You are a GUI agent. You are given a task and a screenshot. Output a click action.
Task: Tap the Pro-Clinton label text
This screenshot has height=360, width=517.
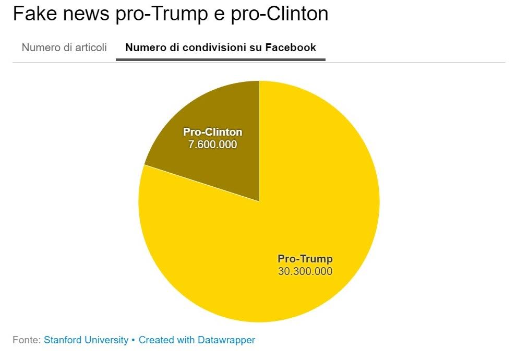[212, 132]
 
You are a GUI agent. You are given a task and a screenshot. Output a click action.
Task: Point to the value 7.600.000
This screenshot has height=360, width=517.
[212, 145]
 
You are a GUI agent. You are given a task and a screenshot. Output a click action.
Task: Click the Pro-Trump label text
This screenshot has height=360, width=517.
[305, 259]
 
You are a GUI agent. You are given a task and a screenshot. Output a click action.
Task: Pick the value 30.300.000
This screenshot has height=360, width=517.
[305, 271]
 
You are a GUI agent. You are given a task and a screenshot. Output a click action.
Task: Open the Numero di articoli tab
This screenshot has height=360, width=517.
[64, 47]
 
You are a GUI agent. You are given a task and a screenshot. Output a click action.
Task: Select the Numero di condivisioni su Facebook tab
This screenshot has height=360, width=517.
[221, 47]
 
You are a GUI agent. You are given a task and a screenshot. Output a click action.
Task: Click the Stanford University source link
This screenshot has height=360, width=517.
[86, 340]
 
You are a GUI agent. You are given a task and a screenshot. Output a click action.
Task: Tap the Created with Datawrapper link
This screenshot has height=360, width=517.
[197, 340]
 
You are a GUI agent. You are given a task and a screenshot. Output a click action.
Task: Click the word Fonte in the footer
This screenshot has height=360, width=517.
[26, 340]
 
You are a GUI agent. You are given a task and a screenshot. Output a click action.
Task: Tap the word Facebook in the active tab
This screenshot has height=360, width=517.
[291, 47]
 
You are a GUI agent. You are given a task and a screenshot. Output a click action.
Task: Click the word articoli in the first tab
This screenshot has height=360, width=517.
[90, 47]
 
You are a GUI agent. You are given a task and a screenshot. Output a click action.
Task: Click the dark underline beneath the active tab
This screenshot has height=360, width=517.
[221, 59]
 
